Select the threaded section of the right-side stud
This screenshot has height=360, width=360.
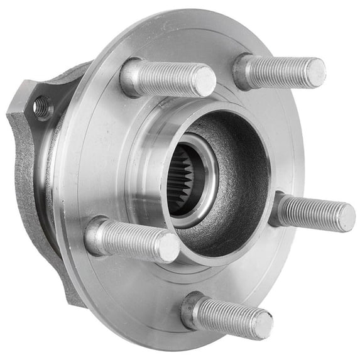click(311, 212)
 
